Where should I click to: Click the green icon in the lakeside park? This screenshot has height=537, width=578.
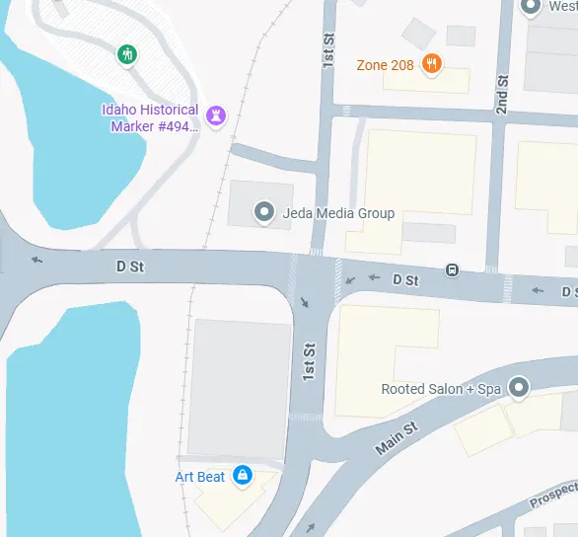coord(126,53)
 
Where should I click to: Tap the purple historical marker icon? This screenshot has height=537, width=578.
coord(217,115)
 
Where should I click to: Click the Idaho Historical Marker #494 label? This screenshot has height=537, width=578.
coord(150,117)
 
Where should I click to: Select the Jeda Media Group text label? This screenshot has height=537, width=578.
coord(338,213)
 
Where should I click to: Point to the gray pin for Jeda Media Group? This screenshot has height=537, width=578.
coord(263,211)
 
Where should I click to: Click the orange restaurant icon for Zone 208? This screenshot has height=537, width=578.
coord(431,65)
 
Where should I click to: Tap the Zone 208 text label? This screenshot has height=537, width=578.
coord(386,65)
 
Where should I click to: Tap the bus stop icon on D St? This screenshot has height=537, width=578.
coord(452,269)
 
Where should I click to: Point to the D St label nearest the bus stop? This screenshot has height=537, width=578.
coord(405,280)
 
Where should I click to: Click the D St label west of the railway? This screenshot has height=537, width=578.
coord(130,267)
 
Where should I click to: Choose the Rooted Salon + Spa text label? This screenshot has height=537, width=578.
coord(441,389)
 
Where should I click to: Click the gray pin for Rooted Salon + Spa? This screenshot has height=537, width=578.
coord(518,387)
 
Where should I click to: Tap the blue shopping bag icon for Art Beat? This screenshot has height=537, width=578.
coord(242,476)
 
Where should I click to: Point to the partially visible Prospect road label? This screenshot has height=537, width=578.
coord(553,495)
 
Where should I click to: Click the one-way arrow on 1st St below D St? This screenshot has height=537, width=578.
coord(304,300)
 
